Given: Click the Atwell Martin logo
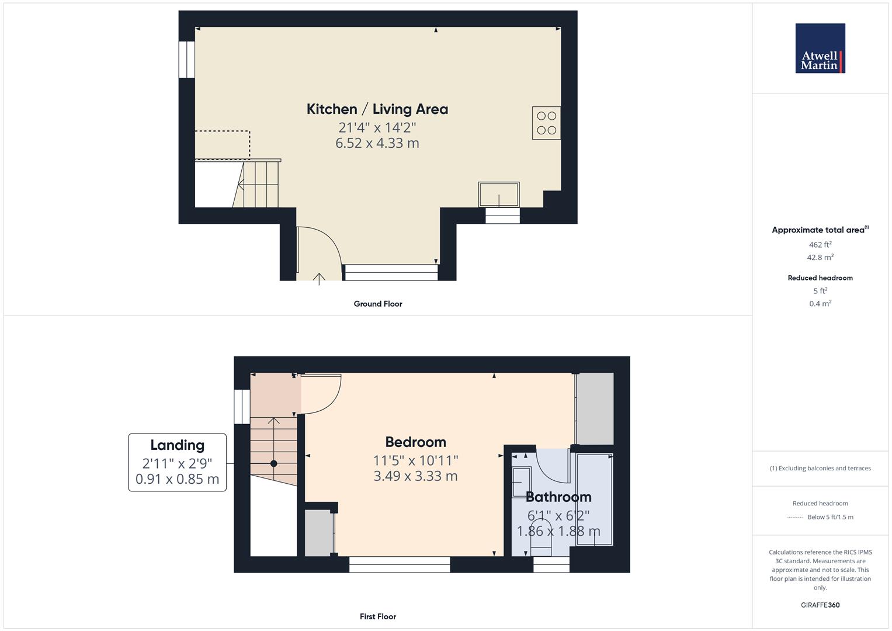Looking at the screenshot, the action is (820, 48).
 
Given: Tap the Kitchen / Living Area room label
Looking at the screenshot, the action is (377, 109).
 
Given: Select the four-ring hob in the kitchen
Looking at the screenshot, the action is (546, 123).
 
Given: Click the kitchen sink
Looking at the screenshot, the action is (499, 195).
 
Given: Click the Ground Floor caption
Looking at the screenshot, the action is (378, 304).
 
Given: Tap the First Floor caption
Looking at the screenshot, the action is (378, 616).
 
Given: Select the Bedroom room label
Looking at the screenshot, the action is (415, 442).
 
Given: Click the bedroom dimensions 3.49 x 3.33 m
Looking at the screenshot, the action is (415, 476).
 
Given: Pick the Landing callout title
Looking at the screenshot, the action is (177, 445).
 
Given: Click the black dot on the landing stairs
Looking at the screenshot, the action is (273, 464).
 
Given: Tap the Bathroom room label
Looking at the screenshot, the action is (558, 497).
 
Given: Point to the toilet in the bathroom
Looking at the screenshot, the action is (541, 538).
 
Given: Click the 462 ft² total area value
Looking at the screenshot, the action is (820, 245).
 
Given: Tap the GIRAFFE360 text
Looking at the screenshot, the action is (820, 605).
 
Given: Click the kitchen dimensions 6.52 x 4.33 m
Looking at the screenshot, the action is (377, 143).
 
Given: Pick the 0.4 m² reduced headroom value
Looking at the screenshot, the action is (820, 304).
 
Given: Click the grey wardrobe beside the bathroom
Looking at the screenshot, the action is (595, 409).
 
